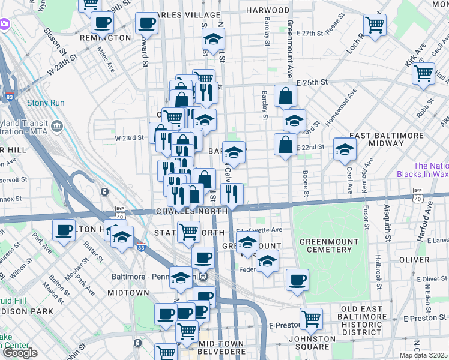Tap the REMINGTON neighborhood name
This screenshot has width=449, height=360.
[105, 38]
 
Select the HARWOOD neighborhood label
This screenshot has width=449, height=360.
[267, 11]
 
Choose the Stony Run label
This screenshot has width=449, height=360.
[46, 103]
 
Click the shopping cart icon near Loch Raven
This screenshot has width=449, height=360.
[375, 25]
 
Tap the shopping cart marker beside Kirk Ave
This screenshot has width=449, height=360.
[423, 73]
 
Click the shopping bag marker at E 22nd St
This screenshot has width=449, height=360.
[285, 145]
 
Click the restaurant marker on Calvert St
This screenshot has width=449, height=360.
[231, 193]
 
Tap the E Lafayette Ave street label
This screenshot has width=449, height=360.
[259, 230]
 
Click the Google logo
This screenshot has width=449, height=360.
[20, 353]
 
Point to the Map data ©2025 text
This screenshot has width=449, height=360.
[423, 355]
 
